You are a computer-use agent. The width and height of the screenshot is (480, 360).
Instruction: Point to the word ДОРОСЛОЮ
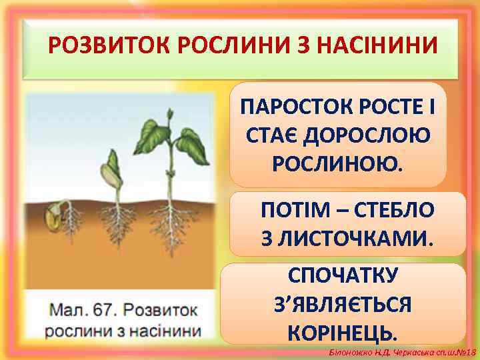366,135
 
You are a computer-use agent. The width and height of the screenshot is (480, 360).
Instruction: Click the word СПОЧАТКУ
343,275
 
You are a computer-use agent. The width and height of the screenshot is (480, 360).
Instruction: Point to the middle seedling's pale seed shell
107,177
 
